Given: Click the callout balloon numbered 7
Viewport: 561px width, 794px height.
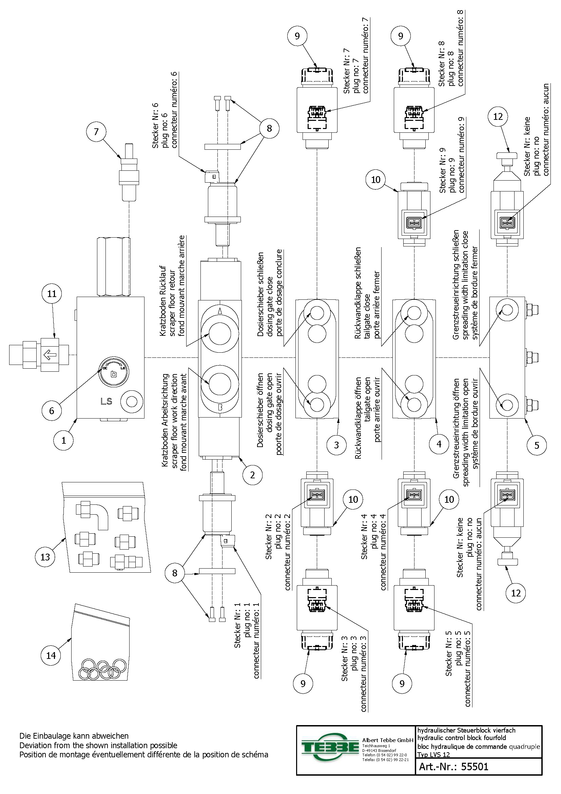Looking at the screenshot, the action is pos(96,132).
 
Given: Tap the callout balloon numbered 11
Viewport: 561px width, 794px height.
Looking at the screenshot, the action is pos(52,294).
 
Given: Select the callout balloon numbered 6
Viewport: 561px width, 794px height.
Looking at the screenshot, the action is pos(52,411).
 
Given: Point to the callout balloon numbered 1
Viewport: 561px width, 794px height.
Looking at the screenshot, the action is pos(63,441).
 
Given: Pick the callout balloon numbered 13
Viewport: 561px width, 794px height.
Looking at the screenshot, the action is pos(45,557).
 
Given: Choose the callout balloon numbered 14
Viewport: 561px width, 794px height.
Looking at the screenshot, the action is pos(51,655).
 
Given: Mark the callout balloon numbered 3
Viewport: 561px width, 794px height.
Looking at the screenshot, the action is pos(336,445).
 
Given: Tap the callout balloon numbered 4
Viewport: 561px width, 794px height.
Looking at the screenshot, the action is pos(439,444).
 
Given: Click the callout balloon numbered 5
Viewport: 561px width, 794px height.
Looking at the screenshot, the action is pos(537,445).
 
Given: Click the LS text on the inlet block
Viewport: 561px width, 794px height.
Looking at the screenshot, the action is pos(107,402).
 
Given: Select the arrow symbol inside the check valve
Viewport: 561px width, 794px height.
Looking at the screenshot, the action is pos(51,355).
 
